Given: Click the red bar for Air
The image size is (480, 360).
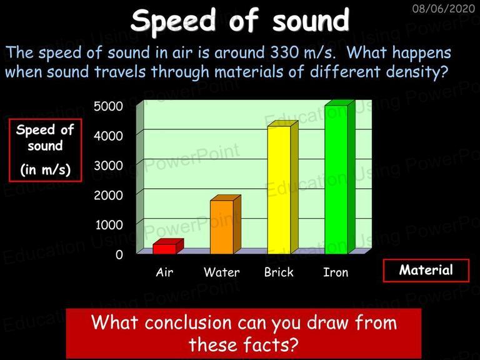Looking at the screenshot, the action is [168, 247].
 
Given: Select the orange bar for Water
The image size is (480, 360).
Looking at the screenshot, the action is [225, 224].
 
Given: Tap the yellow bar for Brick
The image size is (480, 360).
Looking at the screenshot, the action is [282, 187].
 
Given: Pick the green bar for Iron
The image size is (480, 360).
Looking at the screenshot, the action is [339, 177].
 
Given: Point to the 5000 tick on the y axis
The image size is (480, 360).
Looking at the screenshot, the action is [108, 106].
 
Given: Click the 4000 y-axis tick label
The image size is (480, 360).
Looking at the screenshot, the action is [108, 136].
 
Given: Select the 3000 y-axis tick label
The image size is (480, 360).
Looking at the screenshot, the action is [108, 166].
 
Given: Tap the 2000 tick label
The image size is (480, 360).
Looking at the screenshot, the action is [108, 195].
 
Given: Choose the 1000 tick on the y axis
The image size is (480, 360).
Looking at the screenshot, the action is [109, 225].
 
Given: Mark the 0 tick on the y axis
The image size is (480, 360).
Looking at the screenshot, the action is [119, 255].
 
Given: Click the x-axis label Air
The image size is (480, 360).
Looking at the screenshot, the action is [164, 272].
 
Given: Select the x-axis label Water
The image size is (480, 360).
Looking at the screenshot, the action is [222, 272].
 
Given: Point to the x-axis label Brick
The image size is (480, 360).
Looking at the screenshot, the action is [279, 272].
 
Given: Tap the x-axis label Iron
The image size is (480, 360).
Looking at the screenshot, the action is [336, 272].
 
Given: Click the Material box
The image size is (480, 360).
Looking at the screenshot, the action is [426, 270].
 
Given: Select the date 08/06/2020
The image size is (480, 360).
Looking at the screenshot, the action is [444, 8].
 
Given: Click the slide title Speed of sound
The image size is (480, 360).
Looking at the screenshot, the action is [240, 21].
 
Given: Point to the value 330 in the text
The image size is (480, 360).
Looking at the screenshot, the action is [284, 52].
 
